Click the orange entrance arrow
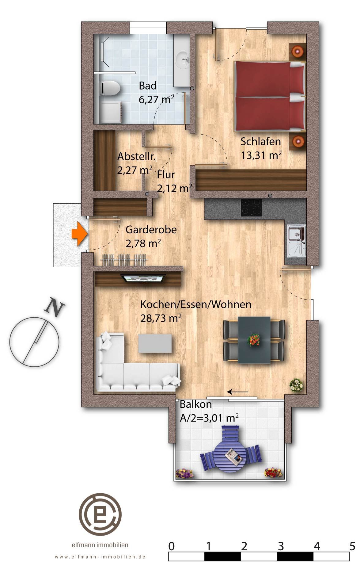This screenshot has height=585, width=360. (x=80, y=234)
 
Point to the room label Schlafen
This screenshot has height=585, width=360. (x=260, y=142)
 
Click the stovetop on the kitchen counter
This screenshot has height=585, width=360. (x=251, y=208)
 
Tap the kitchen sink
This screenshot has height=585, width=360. (x=296, y=241)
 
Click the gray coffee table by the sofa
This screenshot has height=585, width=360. (x=155, y=343)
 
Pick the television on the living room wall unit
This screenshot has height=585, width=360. (x=144, y=278)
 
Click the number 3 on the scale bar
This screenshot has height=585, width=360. (x=281, y=546)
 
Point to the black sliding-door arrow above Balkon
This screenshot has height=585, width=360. (x=238, y=392)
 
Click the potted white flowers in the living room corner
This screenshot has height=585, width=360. (x=296, y=385)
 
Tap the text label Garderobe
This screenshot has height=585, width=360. (x=151, y=230)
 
